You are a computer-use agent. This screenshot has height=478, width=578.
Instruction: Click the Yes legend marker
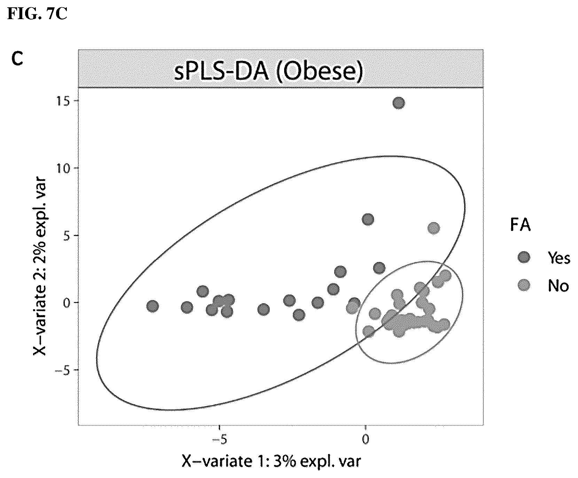[524, 258]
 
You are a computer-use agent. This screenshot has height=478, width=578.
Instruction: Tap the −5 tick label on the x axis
[219, 440]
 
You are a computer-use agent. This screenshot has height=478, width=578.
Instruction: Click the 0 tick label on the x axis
[365, 440]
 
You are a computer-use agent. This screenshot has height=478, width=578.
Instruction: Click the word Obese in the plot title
[317, 72]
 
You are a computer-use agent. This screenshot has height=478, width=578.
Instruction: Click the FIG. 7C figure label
[37, 15]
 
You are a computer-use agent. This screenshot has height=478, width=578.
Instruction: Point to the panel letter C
[17, 60]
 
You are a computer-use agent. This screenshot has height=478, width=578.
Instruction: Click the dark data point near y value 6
[368, 219]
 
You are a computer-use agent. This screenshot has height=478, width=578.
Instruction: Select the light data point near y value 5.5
[433, 228]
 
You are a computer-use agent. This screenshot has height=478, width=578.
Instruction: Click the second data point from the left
[187, 307]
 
